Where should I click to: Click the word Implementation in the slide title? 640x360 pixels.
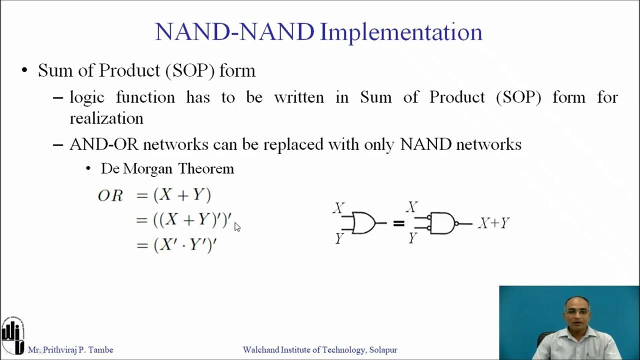coord(401,32)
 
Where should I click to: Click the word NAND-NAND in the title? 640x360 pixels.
coord(234,32)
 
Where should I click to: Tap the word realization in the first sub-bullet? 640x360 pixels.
coord(106,118)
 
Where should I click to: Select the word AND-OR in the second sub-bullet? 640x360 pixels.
coord(104,144)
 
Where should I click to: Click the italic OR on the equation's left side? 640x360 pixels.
coord(110,196)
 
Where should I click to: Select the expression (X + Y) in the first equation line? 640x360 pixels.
coord(182,195)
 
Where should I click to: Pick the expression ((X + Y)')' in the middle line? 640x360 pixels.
coord(192,219)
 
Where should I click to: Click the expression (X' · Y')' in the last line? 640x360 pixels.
coord(185,245)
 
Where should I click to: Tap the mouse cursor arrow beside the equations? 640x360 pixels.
coord(237,227)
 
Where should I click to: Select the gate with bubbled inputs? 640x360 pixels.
coord(442,223)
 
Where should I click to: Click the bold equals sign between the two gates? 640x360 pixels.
coord(398,223)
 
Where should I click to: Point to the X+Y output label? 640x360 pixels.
coord(493,223)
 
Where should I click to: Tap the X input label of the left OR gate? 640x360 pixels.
coord(339,208)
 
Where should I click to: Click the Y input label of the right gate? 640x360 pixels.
coord(412,238)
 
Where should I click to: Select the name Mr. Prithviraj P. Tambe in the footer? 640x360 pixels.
coord(70,350)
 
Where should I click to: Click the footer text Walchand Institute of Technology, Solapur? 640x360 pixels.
coord(320,350)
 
